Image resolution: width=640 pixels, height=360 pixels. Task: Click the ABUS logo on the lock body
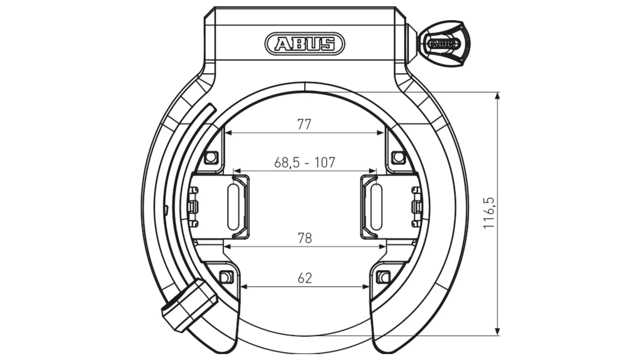(305, 44)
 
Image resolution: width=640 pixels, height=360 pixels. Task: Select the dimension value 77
(304, 124)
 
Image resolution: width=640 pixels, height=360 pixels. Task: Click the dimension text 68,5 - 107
(304, 163)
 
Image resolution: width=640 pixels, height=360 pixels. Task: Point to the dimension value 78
(305, 238)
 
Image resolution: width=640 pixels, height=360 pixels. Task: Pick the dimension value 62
(305, 278)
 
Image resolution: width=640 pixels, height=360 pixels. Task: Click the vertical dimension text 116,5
(489, 213)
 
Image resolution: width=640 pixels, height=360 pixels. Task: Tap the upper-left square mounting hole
(211, 156)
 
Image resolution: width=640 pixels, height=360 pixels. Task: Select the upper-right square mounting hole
(398, 156)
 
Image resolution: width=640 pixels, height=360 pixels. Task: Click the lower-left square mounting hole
(226, 277)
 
